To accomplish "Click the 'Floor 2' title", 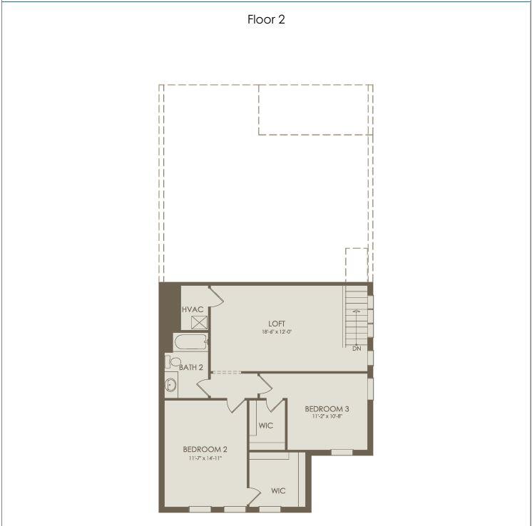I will [266, 20].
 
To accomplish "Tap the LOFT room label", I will [277, 324].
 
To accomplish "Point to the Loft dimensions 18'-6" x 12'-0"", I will [277, 332].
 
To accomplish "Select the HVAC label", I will [193, 309].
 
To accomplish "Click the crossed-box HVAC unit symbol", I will [199, 321].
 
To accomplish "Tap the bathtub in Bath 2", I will [190, 342].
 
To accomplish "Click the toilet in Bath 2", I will [174, 362].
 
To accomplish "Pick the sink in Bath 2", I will [171, 386].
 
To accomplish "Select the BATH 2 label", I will [191, 368].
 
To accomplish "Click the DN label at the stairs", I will [357, 349].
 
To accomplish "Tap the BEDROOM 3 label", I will [327, 408].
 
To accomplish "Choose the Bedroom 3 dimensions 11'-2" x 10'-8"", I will [327, 416].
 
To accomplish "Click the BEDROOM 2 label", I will [205, 449].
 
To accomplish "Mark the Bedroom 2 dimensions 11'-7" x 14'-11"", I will [205, 458].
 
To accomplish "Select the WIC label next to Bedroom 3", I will [266, 426].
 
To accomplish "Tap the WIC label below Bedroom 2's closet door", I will [278, 490].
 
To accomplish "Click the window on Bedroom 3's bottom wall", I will [342, 452].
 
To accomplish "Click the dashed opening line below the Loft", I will [226, 373].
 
